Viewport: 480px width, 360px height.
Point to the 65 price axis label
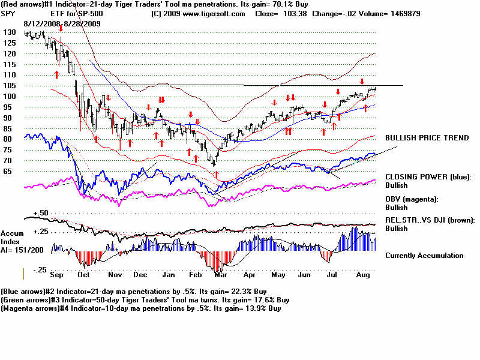pyautogui.click(x=10, y=172)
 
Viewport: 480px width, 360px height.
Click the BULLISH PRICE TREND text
pyautogui.click(x=427, y=138)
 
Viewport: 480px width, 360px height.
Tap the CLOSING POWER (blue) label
pyautogui.click(x=428, y=177)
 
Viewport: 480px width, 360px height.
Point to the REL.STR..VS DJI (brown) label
pyautogui.click(x=430, y=220)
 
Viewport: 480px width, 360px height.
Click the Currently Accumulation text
pyautogui.click(x=424, y=256)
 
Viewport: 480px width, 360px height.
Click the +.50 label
pyautogui.click(x=41, y=213)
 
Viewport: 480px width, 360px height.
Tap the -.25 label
pyautogui.click(x=41, y=271)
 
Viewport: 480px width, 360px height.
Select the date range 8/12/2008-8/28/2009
pyautogui.click(x=62, y=23)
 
